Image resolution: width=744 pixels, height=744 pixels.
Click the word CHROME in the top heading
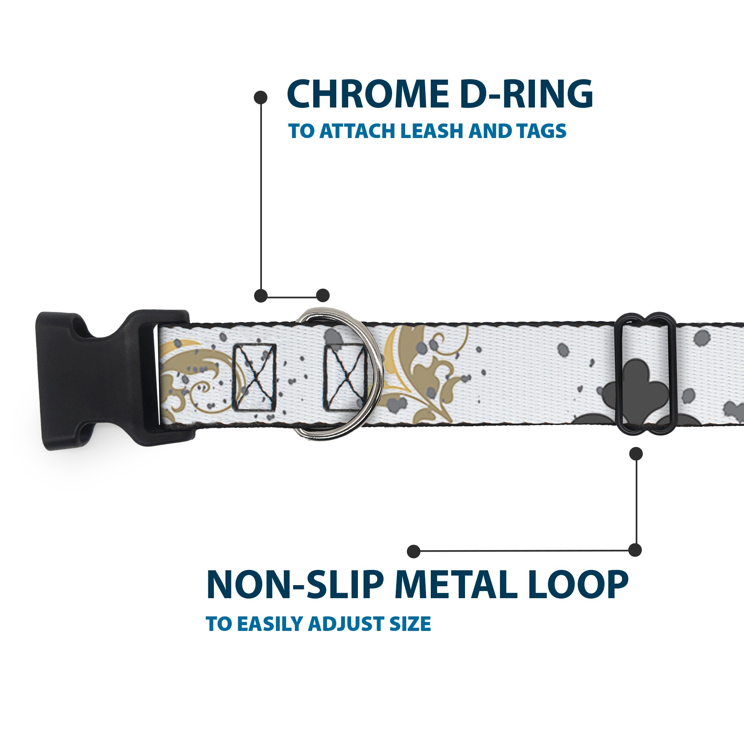click(x=368, y=94)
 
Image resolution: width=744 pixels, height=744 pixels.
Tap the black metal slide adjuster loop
click(x=647, y=374)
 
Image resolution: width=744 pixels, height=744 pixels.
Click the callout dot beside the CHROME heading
click(x=261, y=97)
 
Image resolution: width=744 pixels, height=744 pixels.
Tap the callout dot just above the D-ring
click(x=323, y=295)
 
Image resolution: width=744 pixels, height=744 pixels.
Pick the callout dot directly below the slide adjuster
click(x=636, y=453)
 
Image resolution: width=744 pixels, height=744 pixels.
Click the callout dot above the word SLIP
click(x=414, y=551)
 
